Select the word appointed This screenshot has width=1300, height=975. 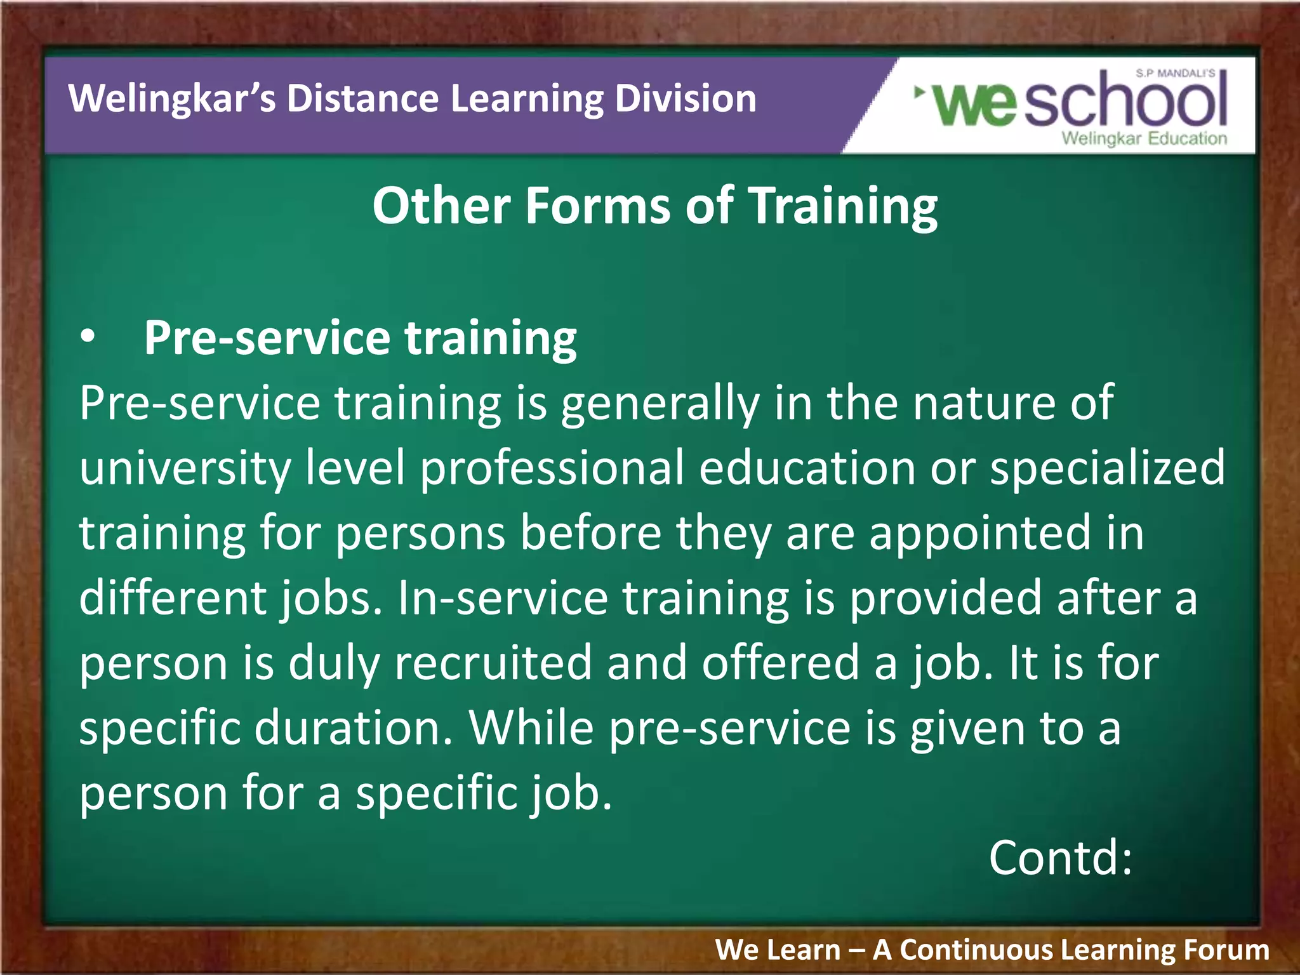pyautogui.click(x=980, y=533)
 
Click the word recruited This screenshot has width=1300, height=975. pyautogui.click(x=493, y=663)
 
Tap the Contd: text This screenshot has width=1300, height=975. pyautogui.click(x=1060, y=858)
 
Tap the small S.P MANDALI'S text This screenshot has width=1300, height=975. pyautogui.click(x=1176, y=74)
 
